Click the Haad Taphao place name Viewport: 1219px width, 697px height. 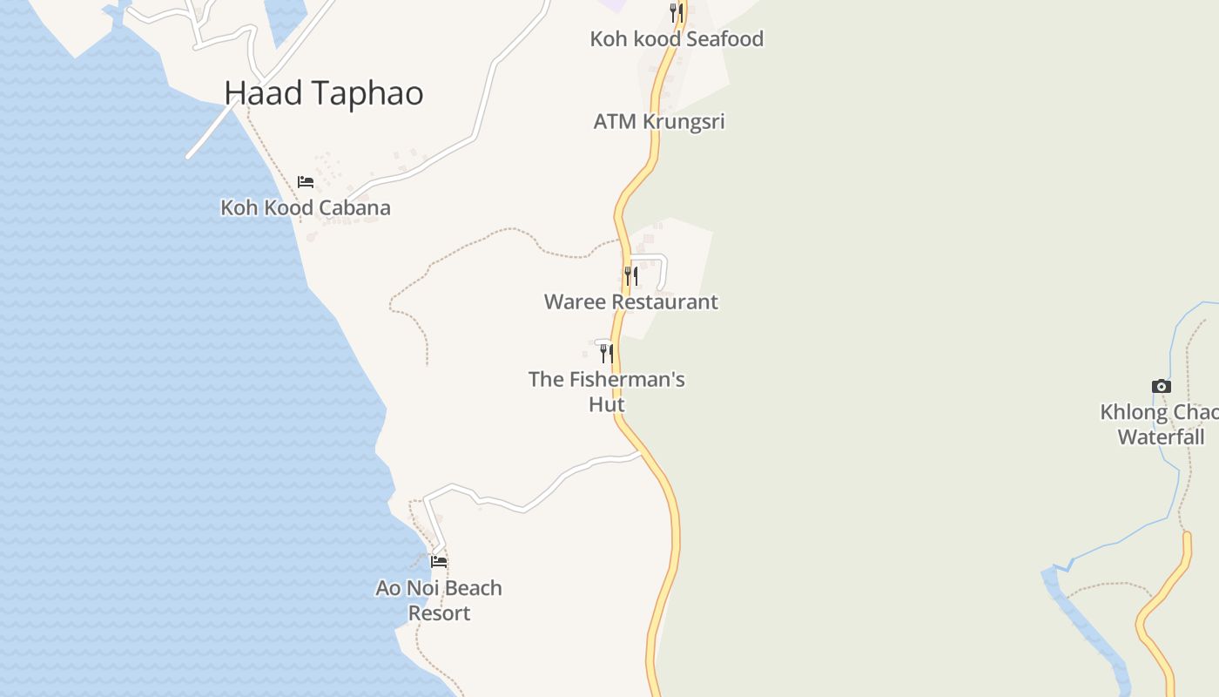(323, 93)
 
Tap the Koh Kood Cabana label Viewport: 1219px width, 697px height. (305, 207)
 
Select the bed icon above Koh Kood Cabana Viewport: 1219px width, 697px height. (305, 182)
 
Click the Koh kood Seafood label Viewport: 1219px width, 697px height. (677, 39)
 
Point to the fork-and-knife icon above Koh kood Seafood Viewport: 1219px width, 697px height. (676, 12)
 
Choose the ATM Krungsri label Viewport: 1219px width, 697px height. (658, 121)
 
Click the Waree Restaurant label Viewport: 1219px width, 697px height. (630, 302)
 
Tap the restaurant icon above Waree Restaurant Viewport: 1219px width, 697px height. (631, 276)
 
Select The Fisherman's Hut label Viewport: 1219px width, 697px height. (606, 391)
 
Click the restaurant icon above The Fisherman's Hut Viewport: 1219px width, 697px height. (606, 353)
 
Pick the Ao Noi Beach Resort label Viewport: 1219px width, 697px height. (439, 600)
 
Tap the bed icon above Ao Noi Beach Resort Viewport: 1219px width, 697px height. (439, 562)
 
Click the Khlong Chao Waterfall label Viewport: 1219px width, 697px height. (1161, 424)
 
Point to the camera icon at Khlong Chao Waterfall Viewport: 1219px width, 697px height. (1161, 386)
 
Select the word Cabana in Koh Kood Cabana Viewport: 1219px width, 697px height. (353, 207)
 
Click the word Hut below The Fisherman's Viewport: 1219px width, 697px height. (606, 404)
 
